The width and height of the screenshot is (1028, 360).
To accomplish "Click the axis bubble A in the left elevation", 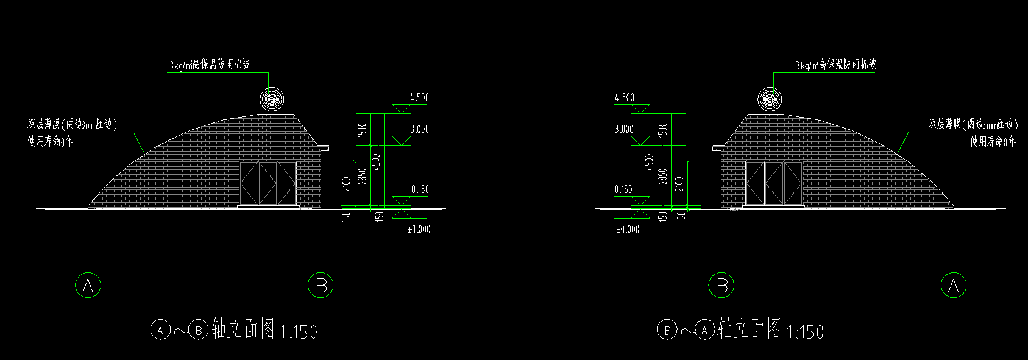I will click(x=88, y=285).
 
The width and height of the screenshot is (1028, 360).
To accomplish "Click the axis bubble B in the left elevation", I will click(x=321, y=285).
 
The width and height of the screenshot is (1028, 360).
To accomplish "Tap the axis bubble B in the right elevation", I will click(x=721, y=285).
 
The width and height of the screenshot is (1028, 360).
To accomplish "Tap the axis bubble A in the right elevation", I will click(x=954, y=285).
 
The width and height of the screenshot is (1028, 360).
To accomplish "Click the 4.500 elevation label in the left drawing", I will click(x=419, y=97).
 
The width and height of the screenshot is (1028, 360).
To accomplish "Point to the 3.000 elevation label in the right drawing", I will click(x=624, y=129).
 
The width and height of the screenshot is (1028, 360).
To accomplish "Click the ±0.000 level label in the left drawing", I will click(x=419, y=230).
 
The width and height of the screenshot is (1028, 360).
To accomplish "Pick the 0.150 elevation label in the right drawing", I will click(x=623, y=189).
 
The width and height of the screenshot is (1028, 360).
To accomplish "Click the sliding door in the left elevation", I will click(x=268, y=183).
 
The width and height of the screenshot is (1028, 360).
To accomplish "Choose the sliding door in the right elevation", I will click(x=774, y=183).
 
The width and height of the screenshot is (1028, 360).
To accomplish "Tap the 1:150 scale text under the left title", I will click(x=299, y=332).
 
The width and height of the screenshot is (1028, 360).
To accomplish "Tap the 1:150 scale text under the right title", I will click(x=805, y=332).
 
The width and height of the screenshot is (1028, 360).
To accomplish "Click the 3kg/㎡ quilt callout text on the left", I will click(x=210, y=65).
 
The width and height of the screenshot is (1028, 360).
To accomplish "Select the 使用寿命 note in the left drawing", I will click(x=50, y=141).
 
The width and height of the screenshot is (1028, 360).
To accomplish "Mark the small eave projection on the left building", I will click(x=325, y=147).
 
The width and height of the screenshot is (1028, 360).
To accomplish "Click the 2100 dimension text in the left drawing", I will click(x=346, y=184).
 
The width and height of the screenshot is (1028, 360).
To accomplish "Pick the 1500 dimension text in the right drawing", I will click(x=663, y=129).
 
